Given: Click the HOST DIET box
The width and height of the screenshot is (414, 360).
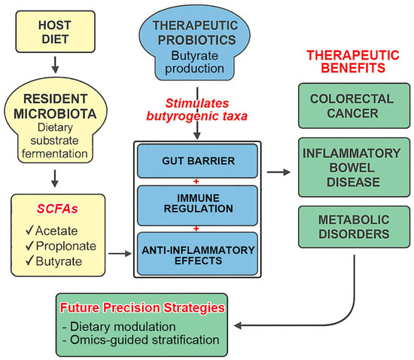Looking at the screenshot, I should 53,29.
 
